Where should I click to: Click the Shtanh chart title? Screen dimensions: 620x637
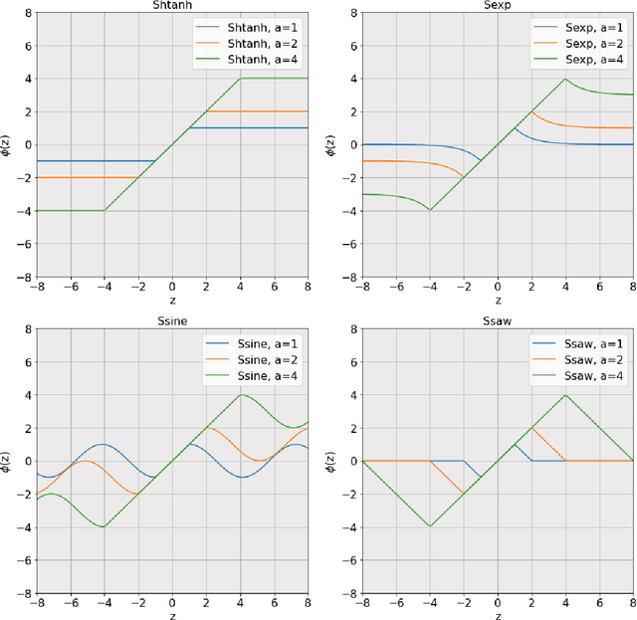click(x=171, y=5)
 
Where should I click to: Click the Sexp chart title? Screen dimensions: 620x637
click(x=498, y=5)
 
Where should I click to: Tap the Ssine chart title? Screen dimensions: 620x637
click(x=171, y=319)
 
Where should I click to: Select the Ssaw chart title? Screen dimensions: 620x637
click(x=498, y=319)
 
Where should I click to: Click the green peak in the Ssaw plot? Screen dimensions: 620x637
click(x=565, y=395)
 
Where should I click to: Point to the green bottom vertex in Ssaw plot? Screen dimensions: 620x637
click(x=430, y=525)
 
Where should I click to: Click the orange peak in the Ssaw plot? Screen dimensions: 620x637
click(x=531, y=428)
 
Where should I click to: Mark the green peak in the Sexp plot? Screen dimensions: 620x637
click(x=565, y=80)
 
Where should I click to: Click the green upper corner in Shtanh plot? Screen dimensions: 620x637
click(x=239, y=79)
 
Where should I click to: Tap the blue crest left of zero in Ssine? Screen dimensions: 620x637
click(x=105, y=444)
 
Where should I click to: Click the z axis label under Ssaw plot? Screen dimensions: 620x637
click(x=498, y=614)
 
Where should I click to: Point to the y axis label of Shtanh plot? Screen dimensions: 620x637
click(x=8, y=144)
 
